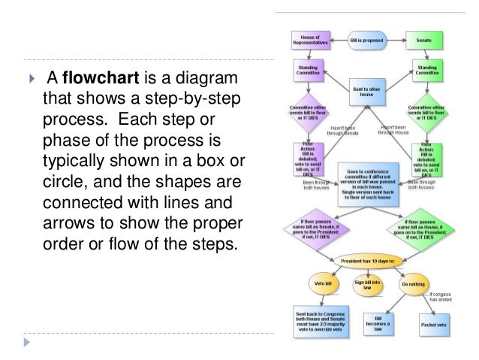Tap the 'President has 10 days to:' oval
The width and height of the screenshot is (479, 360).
point(368,261)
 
